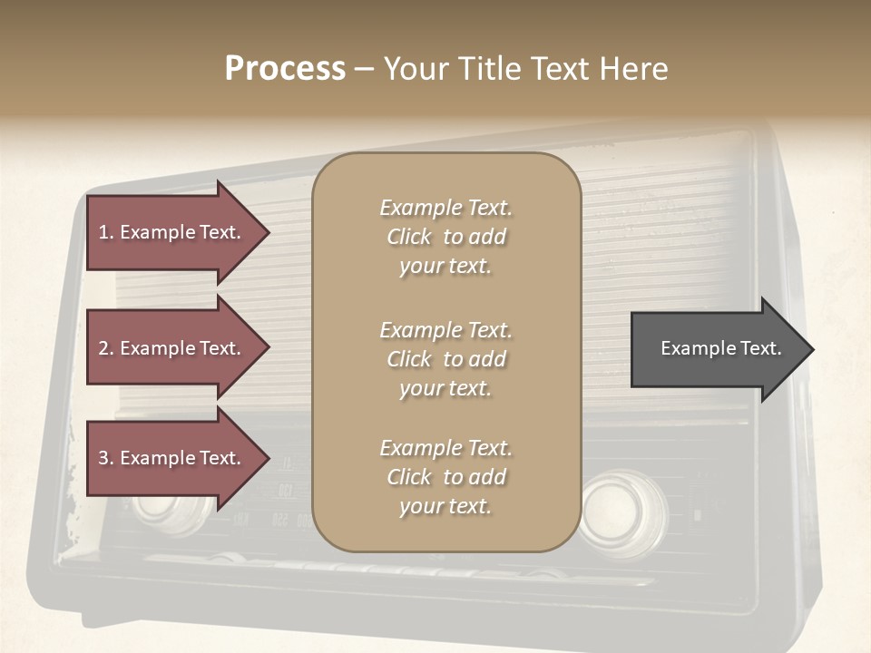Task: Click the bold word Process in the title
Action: click(x=285, y=69)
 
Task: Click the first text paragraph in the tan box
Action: click(x=445, y=237)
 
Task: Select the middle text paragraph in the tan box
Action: click(x=445, y=359)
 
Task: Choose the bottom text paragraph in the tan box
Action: click(x=445, y=477)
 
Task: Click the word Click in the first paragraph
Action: click(x=409, y=238)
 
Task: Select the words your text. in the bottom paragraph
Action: click(x=445, y=506)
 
